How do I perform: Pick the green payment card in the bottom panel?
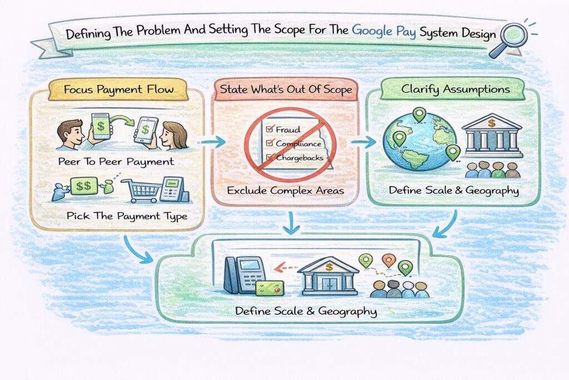pos(270,287)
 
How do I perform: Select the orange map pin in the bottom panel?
pos(388,260)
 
